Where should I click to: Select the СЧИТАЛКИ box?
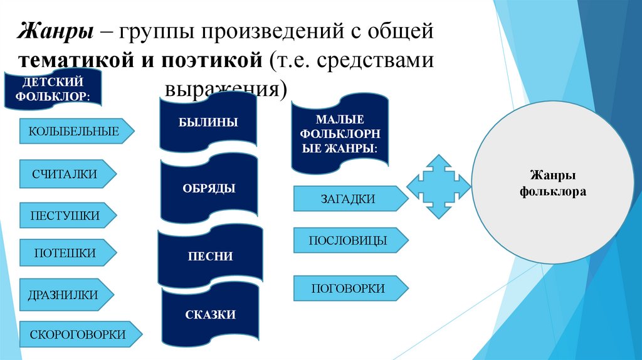click(x=65, y=174)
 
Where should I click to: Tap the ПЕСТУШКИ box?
click(x=65, y=216)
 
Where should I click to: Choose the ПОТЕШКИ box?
click(x=65, y=253)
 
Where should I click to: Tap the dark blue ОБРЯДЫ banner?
click(x=209, y=188)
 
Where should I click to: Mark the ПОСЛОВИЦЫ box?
click(x=348, y=240)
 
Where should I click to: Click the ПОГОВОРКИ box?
click(x=348, y=289)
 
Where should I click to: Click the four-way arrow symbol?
click(x=438, y=186)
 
